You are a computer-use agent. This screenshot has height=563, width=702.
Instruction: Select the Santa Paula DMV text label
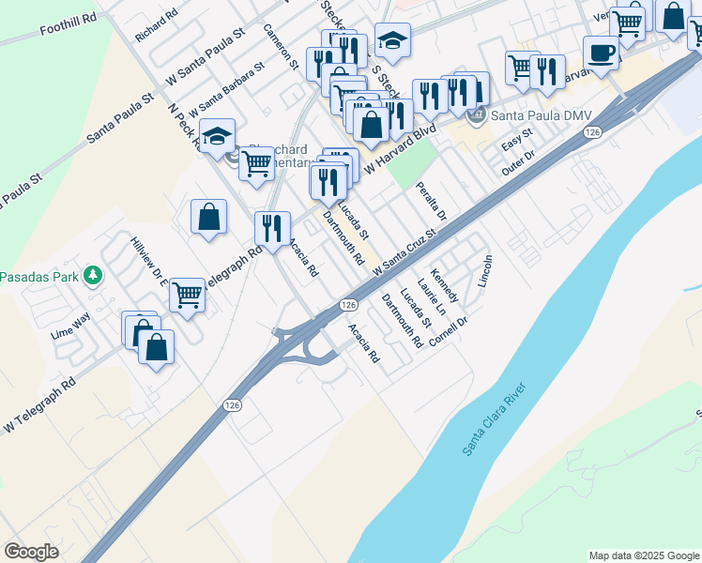click(526, 115)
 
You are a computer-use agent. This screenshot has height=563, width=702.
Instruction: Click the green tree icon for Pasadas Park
click(92, 276)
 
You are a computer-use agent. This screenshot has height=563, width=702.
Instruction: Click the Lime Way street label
click(71, 325)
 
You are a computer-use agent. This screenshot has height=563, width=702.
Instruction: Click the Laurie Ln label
click(432, 296)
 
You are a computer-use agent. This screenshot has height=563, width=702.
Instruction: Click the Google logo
click(32, 552)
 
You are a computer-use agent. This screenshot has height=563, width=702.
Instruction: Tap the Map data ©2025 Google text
click(643, 555)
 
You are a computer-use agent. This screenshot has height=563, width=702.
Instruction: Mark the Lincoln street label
click(485, 271)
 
